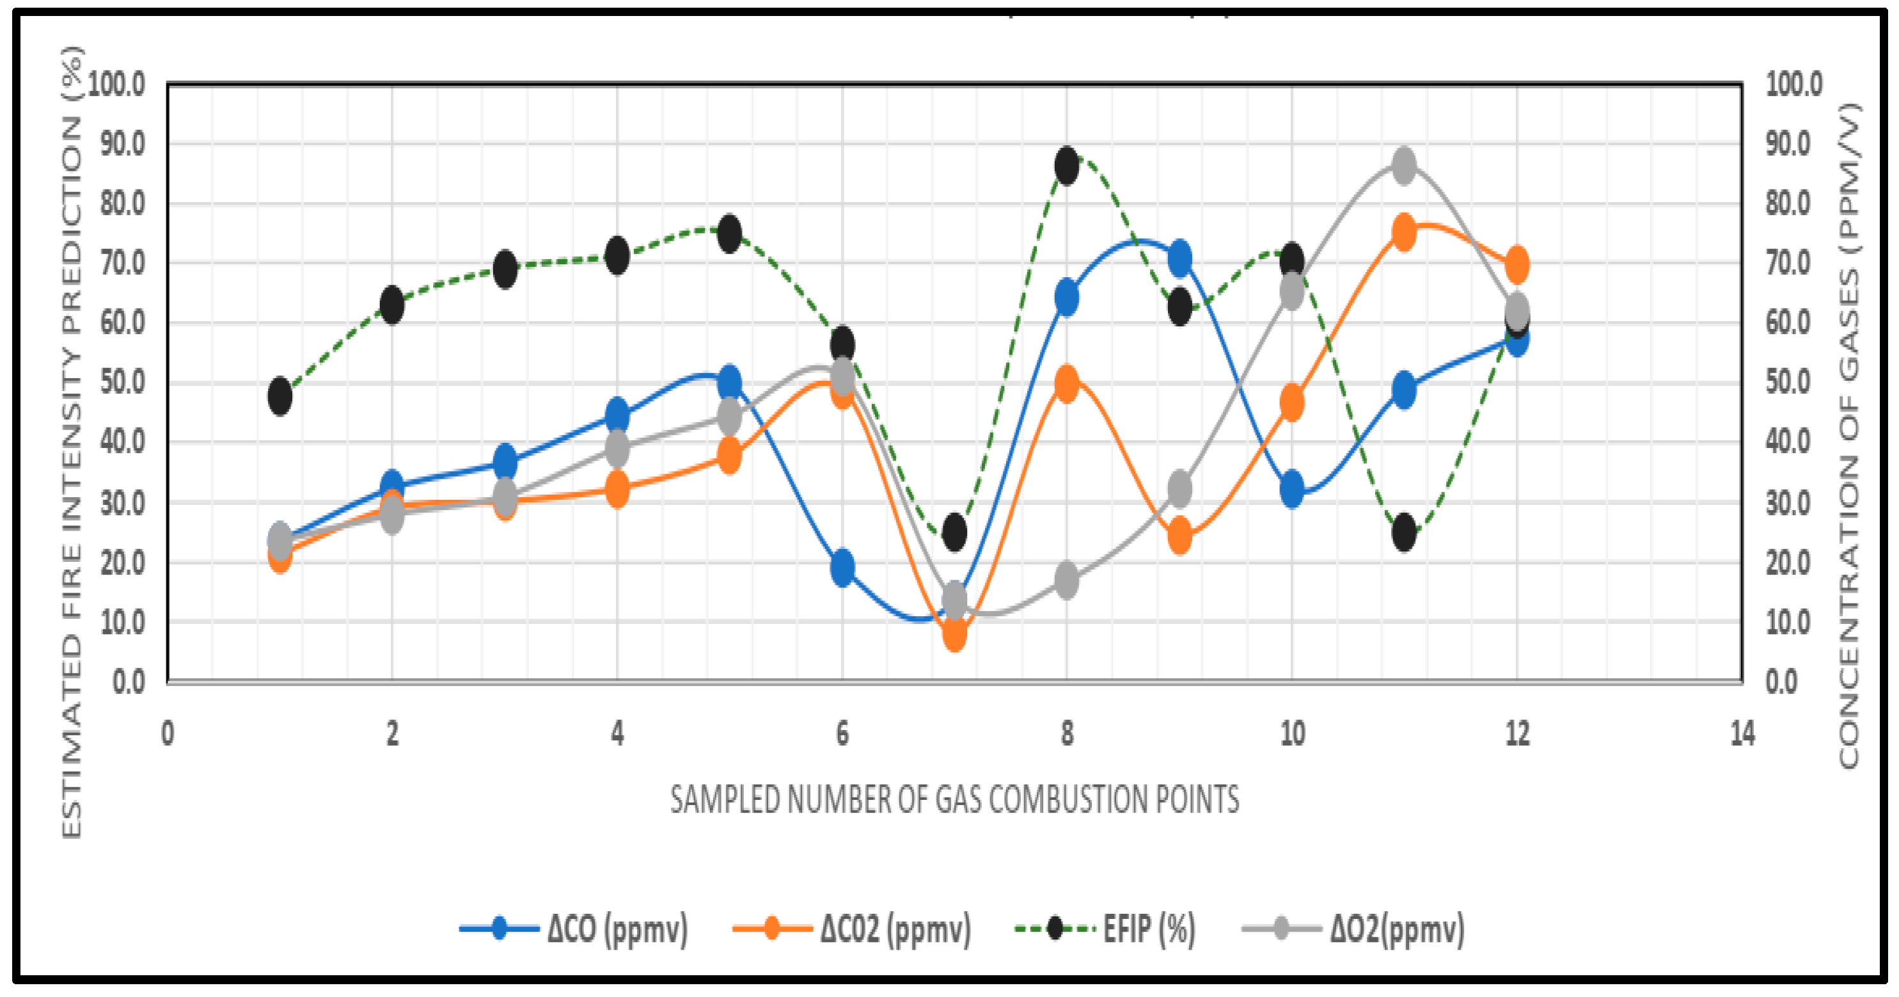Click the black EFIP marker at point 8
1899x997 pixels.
pyautogui.click(x=1067, y=165)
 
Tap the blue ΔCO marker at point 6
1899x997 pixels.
pyautogui.click(x=842, y=567)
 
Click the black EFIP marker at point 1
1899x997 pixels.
pyautogui.click(x=280, y=396)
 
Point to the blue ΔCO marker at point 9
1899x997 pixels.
pyautogui.click(x=1179, y=258)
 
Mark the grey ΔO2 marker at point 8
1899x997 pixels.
pyautogui.click(x=1067, y=580)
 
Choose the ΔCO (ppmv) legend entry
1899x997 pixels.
pyautogui.click(x=575, y=928)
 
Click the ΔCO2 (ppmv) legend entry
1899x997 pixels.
pyautogui.click(x=852, y=928)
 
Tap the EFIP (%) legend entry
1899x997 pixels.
pyautogui.click(x=1106, y=928)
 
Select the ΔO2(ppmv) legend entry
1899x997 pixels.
pyautogui.click(x=1353, y=928)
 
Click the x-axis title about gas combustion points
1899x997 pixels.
pyautogui.click(x=955, y=799)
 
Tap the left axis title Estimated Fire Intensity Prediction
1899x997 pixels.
pyautogui.click(x=72, y=442)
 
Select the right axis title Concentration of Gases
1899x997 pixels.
pyautogui.click(x=1850, y=435)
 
